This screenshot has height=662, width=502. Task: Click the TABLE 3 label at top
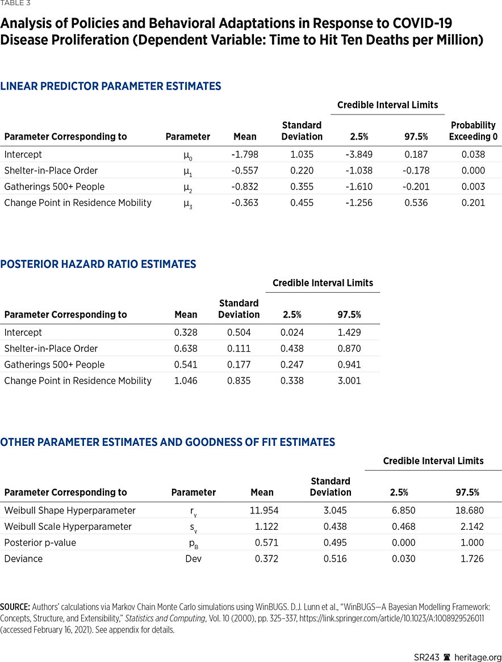tap(15, 3)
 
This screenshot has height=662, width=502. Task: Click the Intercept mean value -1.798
tap(245, 154)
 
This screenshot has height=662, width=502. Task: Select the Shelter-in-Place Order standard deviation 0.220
tap(302, 171)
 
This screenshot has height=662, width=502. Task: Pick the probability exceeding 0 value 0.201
tap(473, 203)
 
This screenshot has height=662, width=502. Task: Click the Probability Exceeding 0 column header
tap(473, 130)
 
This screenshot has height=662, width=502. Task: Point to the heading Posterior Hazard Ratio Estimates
tap(98, 264)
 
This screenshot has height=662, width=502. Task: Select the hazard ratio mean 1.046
tap(186, 381)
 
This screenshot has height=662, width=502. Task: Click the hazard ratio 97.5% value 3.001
tap(349, 381)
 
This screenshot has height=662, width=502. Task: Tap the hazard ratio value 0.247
tap(292, 365)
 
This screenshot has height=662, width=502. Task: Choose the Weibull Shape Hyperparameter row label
tap(70, 511)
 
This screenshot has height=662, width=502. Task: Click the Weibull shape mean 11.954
tap(264, 511)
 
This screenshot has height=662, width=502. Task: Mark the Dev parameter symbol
tap(194, 559)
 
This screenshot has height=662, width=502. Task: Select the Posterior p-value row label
tap(40, 543)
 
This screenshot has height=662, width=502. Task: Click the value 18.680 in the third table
tap(470, 511)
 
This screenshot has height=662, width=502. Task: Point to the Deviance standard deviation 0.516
tap(335, 559)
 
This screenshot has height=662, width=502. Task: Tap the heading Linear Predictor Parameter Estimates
tap(111, 86)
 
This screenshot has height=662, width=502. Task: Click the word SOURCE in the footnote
tap(15, 607)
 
